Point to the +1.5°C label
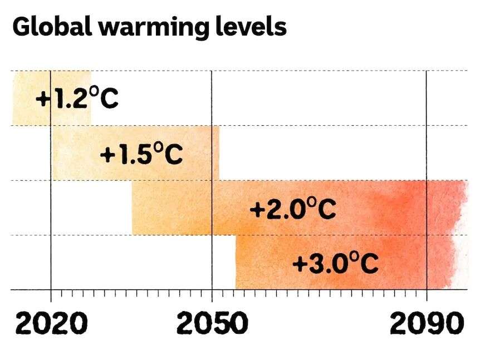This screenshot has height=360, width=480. click(141, 154)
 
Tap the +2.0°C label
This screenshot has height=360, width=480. click(293, 210)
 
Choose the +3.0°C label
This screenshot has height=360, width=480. click(336, 263)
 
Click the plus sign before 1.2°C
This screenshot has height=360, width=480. click(43, 100)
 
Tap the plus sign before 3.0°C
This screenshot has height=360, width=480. click(300, 264)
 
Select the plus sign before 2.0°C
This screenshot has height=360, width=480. click(258, 210)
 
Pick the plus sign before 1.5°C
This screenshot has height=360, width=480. click(107, 155)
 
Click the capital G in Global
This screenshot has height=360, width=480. click(22, 26)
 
